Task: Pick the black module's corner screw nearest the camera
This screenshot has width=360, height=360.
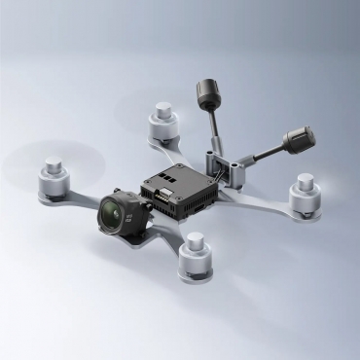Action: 145,191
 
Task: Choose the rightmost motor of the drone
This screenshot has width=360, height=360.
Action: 305,195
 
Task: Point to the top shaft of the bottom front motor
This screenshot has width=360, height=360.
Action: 198,239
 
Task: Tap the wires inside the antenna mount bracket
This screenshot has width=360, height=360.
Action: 234,173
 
